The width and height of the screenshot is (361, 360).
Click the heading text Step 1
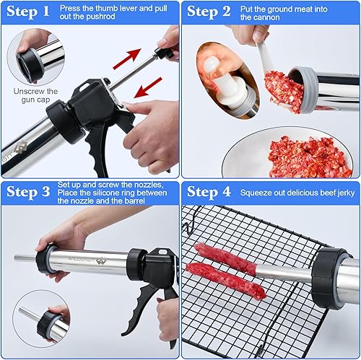pos(27,12)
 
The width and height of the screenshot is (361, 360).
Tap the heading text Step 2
pos(209,12)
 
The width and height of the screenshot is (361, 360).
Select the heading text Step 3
pos(27,193)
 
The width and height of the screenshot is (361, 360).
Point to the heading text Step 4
pos(209,193)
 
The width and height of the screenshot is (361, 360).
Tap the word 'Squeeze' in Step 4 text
pos(262,193)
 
